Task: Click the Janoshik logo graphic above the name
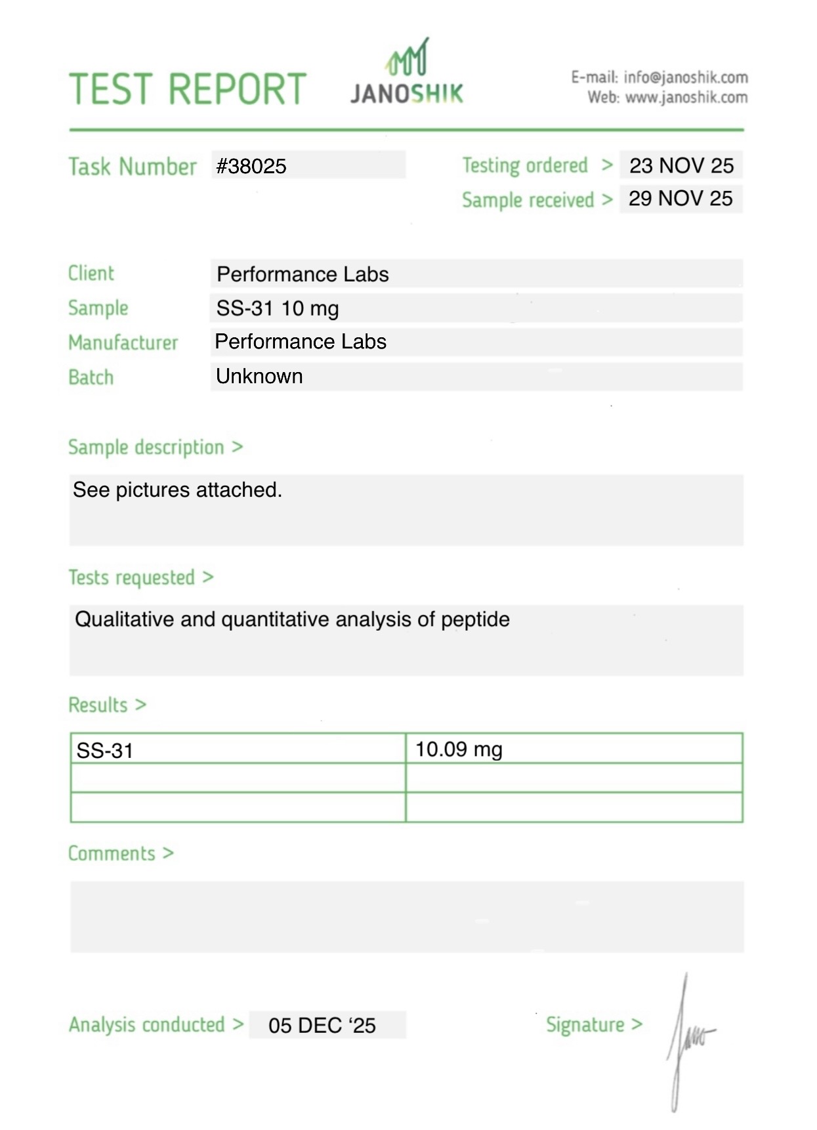408,58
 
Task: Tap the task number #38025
251,166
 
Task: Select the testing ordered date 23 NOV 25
681,165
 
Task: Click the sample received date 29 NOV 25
681,199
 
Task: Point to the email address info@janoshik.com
685,77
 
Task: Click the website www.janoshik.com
686,98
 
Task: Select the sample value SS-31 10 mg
278,308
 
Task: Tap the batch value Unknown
259,377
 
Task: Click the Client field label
91,273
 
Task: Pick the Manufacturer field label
123,343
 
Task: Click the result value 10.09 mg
459,749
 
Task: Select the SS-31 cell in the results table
105,750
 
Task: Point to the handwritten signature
686,1040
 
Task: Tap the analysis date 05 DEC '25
322,1025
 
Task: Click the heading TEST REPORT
188,89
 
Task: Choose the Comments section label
112,853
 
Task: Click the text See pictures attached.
177,490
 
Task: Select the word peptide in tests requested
475,619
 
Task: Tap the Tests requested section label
132,577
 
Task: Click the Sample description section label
146,448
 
